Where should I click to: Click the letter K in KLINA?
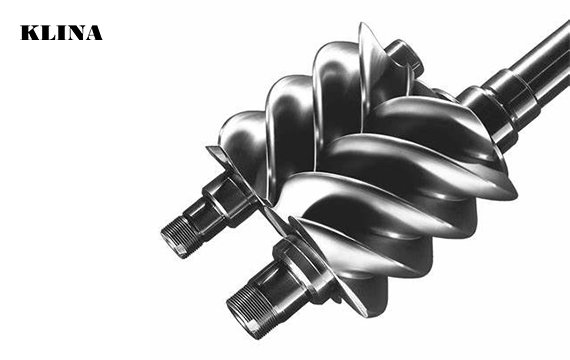click(29, 33)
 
